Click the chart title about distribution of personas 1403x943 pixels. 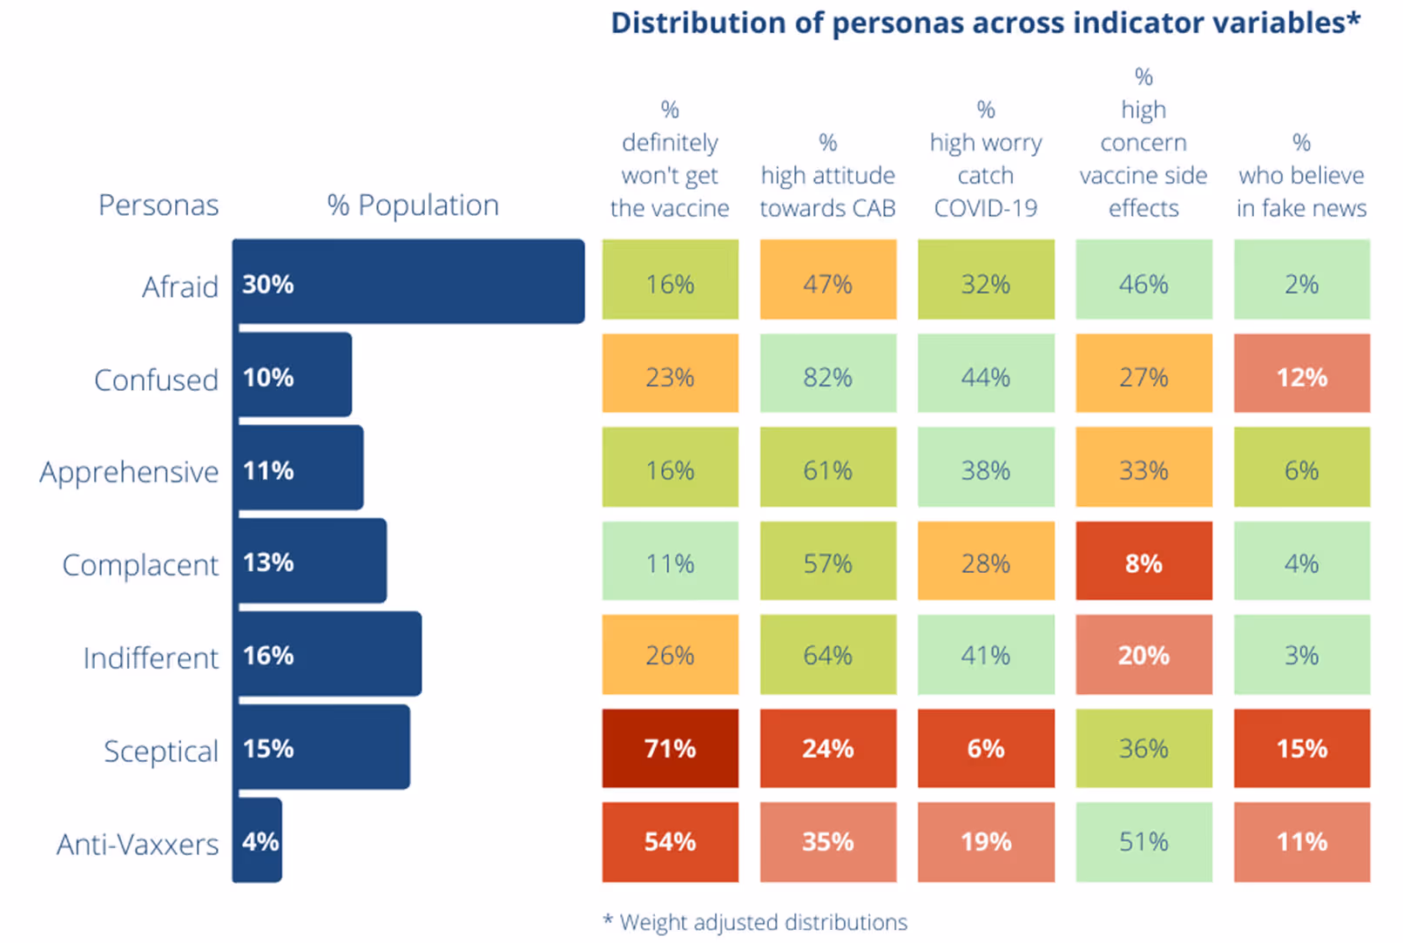(985, 24)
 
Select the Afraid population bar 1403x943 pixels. (408, 282)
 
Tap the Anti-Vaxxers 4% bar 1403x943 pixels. (258, 841)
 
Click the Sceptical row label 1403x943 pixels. (161, 751)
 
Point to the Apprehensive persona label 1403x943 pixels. (129, 471)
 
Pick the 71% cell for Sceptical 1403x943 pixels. (670, 749)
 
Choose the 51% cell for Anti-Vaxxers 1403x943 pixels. (1143, 841)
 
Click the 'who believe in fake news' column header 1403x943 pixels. (1301, 176)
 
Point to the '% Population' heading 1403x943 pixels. (413, 205)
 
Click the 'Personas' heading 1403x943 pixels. (159, 205)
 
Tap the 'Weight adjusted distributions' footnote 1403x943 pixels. (755, 922)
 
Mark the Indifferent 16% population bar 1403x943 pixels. (328, 655)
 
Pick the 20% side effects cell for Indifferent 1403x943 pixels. (1143, 655)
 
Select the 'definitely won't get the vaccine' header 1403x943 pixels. (670, 159)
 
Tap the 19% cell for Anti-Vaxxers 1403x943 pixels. (985, 841)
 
